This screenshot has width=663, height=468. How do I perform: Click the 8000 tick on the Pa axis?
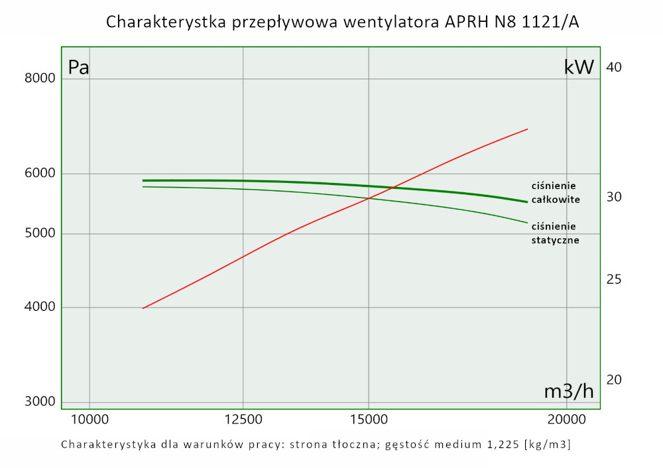point(40,79)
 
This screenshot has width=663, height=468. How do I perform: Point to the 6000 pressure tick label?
point(40,174)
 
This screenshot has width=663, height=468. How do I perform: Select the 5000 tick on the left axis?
point(40,233)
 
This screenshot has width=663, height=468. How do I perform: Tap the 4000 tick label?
point(40,308)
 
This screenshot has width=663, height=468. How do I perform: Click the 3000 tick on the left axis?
point(40,402)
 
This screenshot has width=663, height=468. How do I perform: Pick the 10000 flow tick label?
point(90,419)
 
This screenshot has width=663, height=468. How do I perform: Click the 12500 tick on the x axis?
point(243,419)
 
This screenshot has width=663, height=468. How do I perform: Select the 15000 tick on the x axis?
point(369,419)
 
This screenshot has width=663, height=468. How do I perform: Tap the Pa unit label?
point(79,68)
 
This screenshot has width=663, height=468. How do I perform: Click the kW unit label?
point(578,68)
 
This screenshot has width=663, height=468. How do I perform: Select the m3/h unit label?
point(569,392)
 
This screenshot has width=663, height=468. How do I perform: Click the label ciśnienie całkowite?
point(556,192)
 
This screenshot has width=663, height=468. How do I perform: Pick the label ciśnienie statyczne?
point(556,233)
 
